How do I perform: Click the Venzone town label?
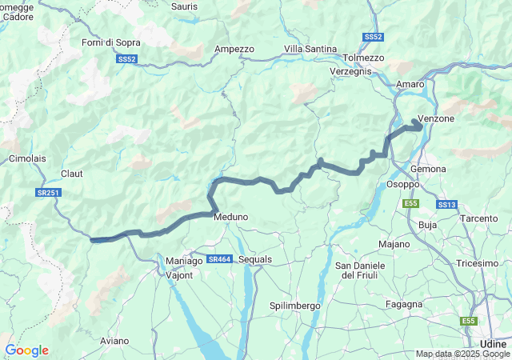[436, 118]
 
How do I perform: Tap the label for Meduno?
[230, 216]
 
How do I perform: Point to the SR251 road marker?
[48, 193]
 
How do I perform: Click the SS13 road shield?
[446, 205]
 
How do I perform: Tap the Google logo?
[26, 350]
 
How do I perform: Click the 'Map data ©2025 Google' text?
[462, 354]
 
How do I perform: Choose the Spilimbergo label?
[294, 306]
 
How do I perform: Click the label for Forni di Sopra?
[111, 42]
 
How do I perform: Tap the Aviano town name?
[114, 341]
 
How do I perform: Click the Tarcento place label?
[479, 218]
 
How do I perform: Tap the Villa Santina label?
[310, 49]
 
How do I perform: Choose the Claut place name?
[72, 173]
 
